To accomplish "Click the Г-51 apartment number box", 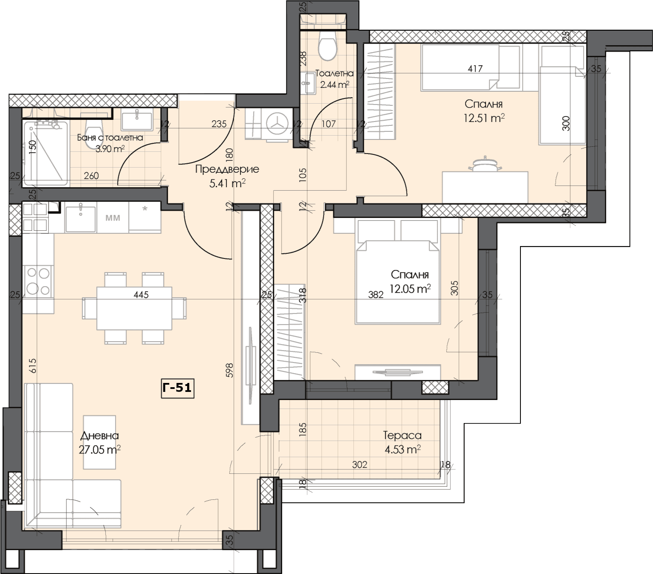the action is coord(178,388).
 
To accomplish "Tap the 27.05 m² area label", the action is coord(100,449).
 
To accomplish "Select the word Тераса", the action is coord(402,435).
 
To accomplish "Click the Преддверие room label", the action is coord(227,169).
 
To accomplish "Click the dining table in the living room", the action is coord(134,308).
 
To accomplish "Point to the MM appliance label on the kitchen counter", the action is coord(113,218).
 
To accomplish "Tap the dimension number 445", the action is coord(141,294).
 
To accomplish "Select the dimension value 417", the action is coord(475,68).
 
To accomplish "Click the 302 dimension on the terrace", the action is coord(360,464).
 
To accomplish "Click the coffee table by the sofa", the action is coord(100,442).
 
